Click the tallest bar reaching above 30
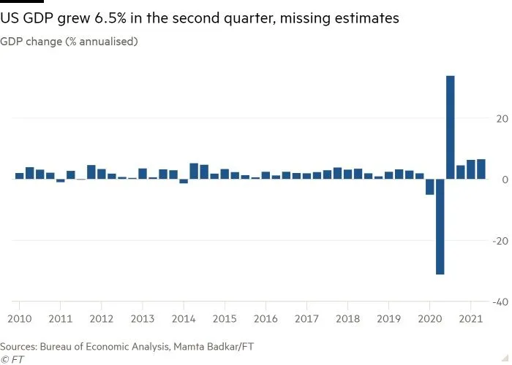pos(451,127)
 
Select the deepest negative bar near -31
pos(440,226)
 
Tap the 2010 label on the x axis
pos(19,319)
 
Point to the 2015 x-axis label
pos(225,319)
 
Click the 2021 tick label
pos(471,319)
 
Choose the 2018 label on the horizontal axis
pos(348,319)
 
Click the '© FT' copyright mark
pos(13,359)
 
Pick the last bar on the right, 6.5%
pos(481,169)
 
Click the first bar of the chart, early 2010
pos(20,176)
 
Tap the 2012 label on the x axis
pos(101,319)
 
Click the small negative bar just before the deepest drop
pos(430,187)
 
